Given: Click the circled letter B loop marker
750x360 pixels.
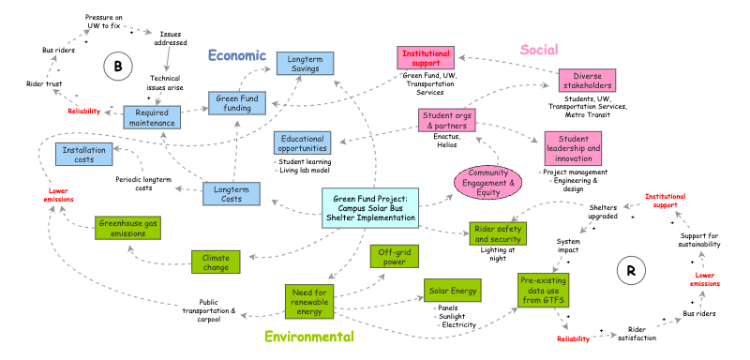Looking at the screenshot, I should [118, 67].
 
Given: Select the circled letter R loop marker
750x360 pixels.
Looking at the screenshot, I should [631, 272].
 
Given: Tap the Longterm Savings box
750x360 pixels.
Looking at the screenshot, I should [305, 64].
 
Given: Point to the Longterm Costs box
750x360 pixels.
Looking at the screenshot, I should [232, 194].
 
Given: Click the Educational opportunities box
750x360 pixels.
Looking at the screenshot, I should [303, 142].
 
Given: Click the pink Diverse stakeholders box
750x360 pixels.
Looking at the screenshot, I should [587, 81].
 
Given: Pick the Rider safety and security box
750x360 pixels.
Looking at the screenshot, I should [498, 233].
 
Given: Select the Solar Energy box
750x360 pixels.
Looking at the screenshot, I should [452, 291].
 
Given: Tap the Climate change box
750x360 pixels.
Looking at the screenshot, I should [216, 262].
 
